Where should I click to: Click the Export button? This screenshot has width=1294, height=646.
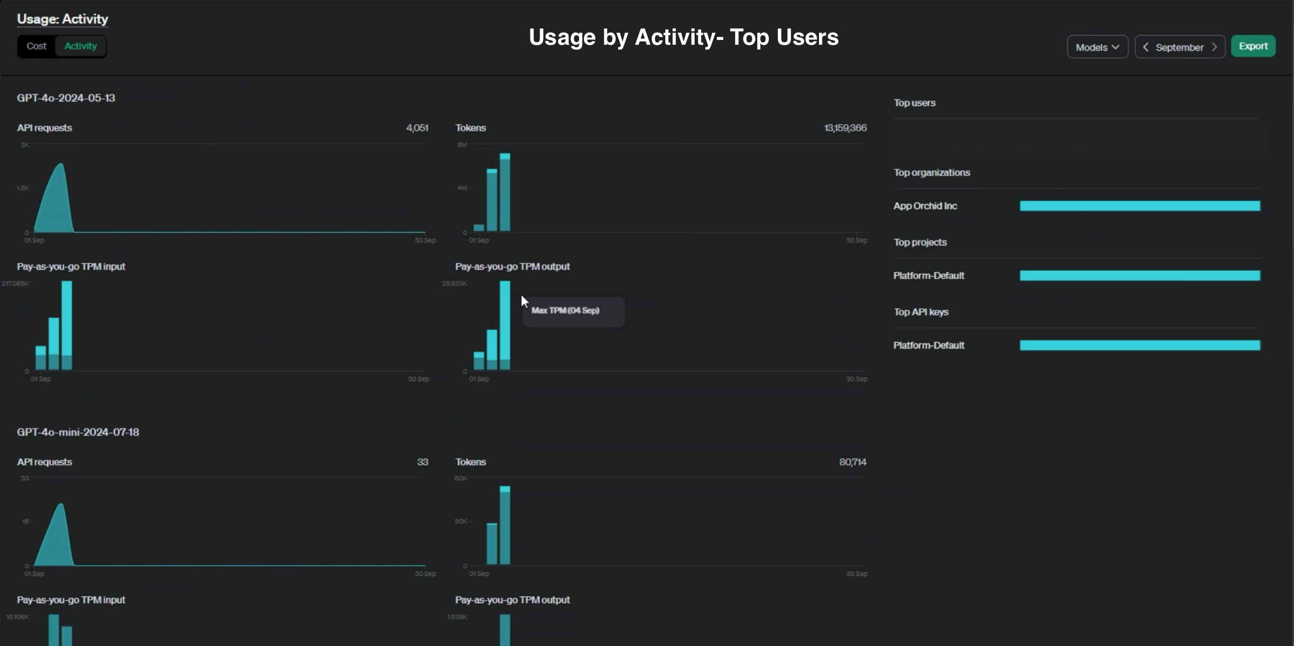pyautogui.click(x=1253, y=46)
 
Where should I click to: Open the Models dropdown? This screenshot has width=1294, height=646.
pyautogui.click(x=1097, y=47)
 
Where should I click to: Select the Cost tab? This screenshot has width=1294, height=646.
pyautogui.click(x=36, y=46)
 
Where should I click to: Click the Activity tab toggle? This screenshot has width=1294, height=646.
pyautogui.click(x=80, y=46)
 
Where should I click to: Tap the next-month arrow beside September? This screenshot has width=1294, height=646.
pyautogui.click(x=1215, y=47)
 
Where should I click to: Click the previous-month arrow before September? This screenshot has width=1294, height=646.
pyautogui.click(x=1146, y=47)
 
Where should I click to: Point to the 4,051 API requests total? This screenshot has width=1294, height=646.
pyautogui.click(x=417, y=128)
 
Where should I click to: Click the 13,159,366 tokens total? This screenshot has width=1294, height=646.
pyautogui.click(x=845, y=128)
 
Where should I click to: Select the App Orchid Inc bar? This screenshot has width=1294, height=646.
pyautogui.click(x=1139, y=206)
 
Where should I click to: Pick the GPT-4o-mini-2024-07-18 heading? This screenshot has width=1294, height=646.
pyautogui.click(x=78, y=432)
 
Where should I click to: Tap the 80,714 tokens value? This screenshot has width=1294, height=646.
pyautogui.click(x=852, y=462)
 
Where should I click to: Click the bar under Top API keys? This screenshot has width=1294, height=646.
pyautogui.click(x=1139, y=345)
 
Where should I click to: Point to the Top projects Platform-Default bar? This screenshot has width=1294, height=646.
pyautogui.click(x=1139, y=275)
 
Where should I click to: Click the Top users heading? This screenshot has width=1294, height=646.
pyautogui.click(x=914, y=103)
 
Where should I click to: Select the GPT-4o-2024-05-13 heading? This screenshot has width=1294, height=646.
pyautogui.click(x=66, y=98)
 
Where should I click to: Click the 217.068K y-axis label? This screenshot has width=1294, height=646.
pyautogui.click(x=15, y=284)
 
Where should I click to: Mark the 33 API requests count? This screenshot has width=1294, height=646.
pyautogui.click(x=423, y=462)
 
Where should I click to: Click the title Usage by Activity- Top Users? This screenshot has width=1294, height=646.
pyautogui.click(x=683, y=37)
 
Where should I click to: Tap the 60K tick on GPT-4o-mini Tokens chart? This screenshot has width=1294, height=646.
pyautogui.click(x=461, y=478)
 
